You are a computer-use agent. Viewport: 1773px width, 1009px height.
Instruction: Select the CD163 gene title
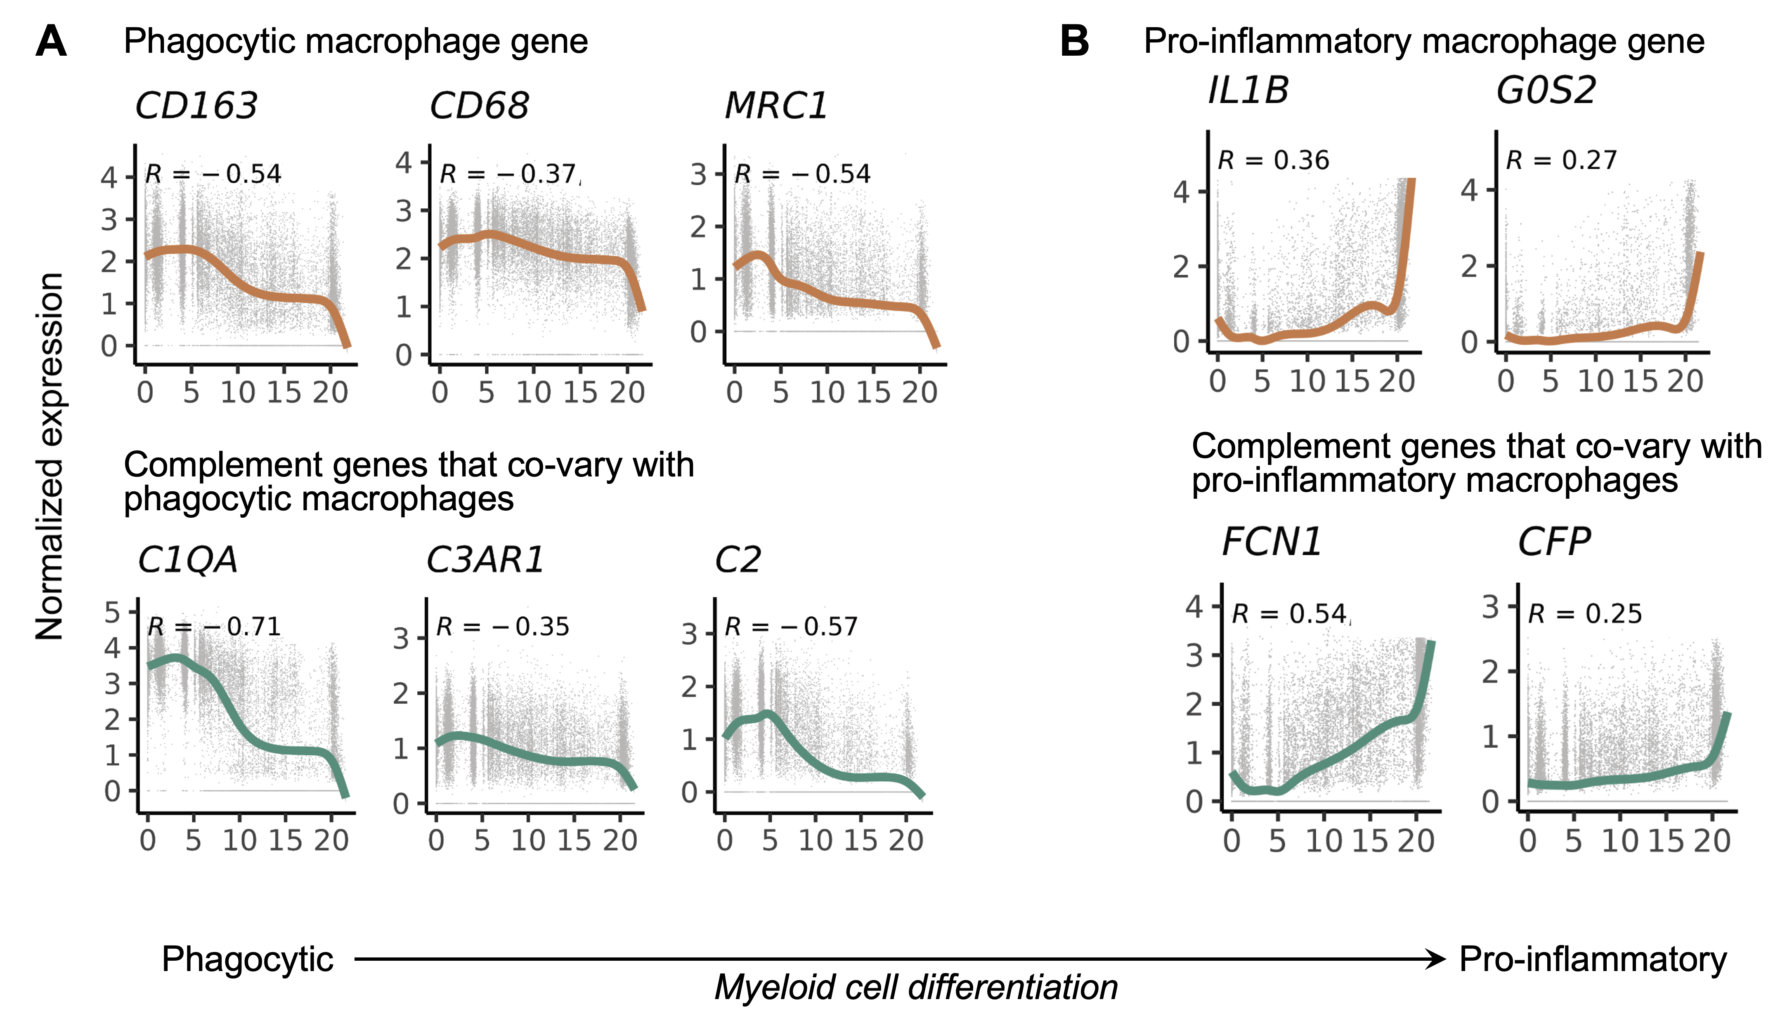point(196,106)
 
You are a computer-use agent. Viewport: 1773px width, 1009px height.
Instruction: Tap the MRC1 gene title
point(775,106)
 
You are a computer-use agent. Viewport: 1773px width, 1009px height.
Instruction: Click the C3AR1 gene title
point(485,560)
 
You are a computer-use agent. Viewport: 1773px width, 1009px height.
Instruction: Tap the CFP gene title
point(1554,542)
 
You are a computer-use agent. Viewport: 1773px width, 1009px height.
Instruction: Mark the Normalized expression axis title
point(50,456)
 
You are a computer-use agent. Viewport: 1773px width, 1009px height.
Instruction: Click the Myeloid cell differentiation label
point(916,987)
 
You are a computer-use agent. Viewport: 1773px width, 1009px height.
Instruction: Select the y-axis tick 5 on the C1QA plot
point(112,613)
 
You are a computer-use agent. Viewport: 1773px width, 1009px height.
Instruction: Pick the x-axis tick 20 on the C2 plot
point(905,841)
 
